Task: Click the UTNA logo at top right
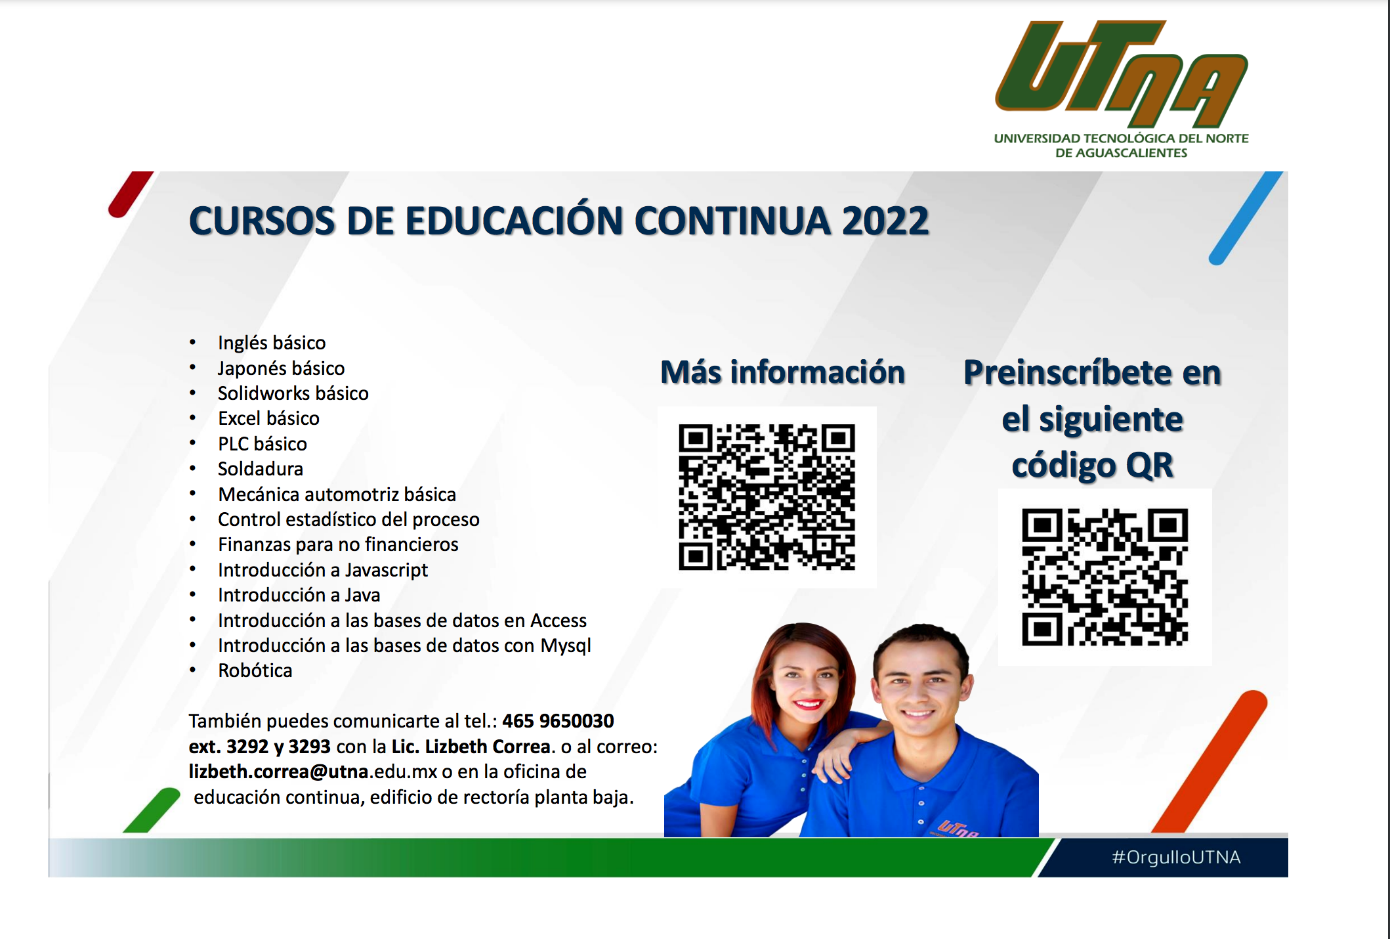pos(1122,89)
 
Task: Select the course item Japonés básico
pos(281,368)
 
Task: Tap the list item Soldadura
pos(261,469)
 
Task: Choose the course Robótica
pos(255,670)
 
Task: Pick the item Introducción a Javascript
pos(323,570)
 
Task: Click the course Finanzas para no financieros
pos(338,544)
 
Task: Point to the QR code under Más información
pos(767,497)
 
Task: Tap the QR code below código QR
pos(1105,577)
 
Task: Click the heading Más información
pos(783,372)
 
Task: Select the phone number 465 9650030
pos(558,721)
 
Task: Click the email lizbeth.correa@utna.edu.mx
pos(313,772)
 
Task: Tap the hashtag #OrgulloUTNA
pos(1176,857)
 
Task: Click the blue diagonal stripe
pos(1246,218)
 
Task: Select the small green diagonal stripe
pos(152,810)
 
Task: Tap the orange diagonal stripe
pos(1210,762)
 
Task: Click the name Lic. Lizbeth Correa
pos(471,747)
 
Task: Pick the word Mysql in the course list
pos(566,646)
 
